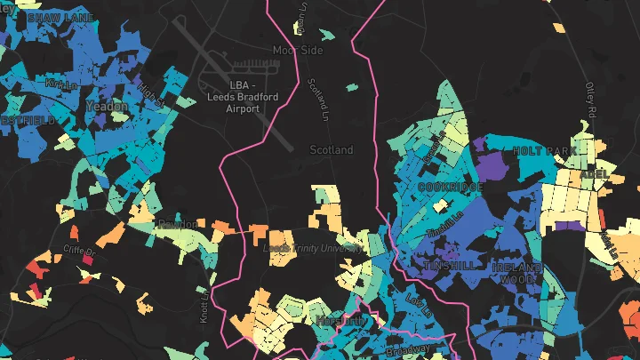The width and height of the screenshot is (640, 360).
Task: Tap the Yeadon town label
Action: click(x=107, y=106)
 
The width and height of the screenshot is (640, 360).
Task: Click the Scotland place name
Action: click(x=331, y=150)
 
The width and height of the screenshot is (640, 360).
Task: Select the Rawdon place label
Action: click(x=177, y=224)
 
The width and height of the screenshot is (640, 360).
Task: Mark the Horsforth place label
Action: click(x=340, y=320)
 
